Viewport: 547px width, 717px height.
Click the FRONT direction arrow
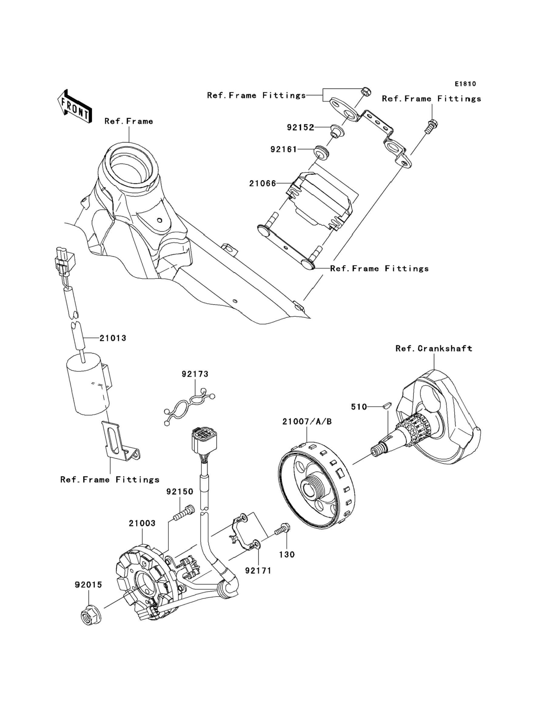pos(74,106)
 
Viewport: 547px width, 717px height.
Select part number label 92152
pos(300,127)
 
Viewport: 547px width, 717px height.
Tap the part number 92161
pos(284,150)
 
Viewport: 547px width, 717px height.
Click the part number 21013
pos(113,338)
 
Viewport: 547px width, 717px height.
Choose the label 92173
pos(195,374)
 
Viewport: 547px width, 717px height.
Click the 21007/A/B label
pos(307,422)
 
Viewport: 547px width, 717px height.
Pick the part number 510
pos(359,407)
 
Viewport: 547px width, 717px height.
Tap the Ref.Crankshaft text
pos(434,349)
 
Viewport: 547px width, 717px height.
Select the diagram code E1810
pos(465,84)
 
